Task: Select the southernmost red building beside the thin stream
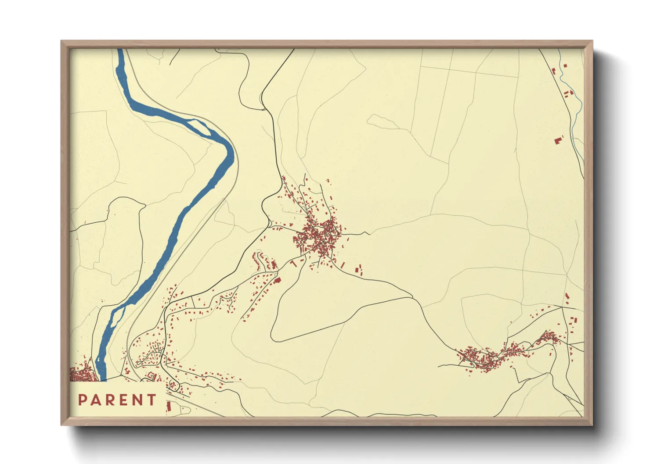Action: pos(559,140)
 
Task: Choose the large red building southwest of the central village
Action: pos(277,279)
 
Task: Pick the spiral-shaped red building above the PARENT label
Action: pos(152,376)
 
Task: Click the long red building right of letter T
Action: pos(168,407)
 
